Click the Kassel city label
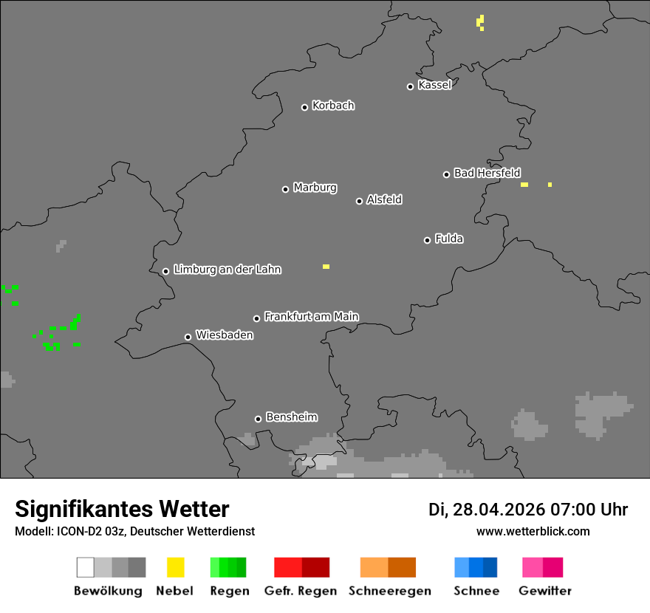click(434, 85)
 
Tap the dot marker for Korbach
click(304, 107)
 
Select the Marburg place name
click(315, 188)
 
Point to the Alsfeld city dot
click(360, 201)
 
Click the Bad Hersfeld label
click(487, 173)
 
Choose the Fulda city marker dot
click(427, 240)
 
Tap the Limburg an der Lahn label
click(227, 270)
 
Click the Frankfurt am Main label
click(311, 317)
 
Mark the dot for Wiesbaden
click(188, 337)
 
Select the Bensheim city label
click(291, 417)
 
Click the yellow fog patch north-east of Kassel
click(481, 21)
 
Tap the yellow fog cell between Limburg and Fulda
click(326, 267)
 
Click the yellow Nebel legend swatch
click(175, 567)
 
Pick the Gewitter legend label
click(544, 591)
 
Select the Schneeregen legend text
click(389, 591)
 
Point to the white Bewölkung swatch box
click(86, 567)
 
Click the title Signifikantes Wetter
click(122, 509)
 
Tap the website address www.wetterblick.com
click(533, 531)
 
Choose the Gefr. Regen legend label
click(300, 591)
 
